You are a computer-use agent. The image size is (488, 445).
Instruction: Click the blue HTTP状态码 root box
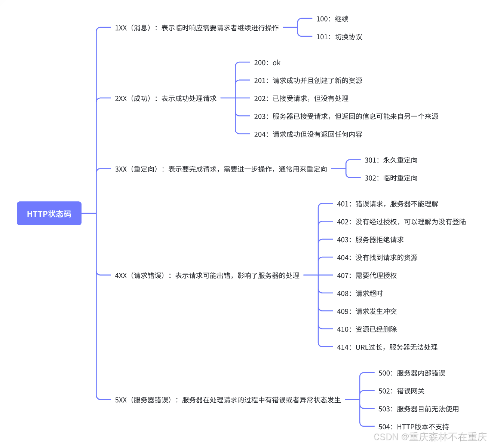[49, 214]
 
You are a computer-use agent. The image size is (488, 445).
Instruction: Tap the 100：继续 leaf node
[332, 19]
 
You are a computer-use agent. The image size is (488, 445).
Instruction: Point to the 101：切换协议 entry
[339, 37]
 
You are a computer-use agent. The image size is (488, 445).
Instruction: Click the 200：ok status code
[267, 63]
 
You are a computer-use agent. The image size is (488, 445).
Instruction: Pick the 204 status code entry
[308, 134]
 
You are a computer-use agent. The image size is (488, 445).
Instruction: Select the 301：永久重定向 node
[391, 160]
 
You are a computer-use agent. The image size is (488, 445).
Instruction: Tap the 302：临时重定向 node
[391, 178]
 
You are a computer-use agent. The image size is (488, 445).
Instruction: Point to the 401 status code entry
[387, 204]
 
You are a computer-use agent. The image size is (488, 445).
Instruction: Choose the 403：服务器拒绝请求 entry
[370, 240]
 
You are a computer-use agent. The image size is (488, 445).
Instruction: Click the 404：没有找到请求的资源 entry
[377, 258]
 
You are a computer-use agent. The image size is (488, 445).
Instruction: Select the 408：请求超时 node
[360, 294]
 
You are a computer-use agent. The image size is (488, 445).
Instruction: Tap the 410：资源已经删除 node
[367, 329]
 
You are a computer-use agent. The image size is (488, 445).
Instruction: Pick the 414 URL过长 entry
[387, 347]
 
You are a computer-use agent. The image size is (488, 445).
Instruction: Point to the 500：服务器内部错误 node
[412, 373]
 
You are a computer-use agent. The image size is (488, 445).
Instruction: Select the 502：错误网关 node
[401, 391]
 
